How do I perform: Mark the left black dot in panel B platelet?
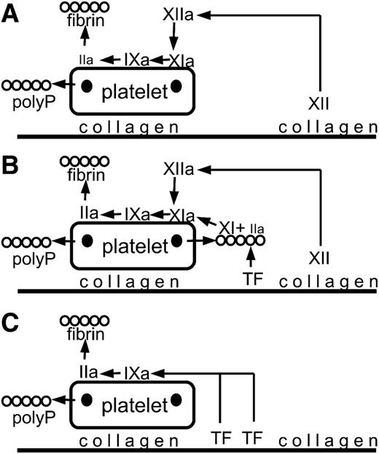tap(87, 241)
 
